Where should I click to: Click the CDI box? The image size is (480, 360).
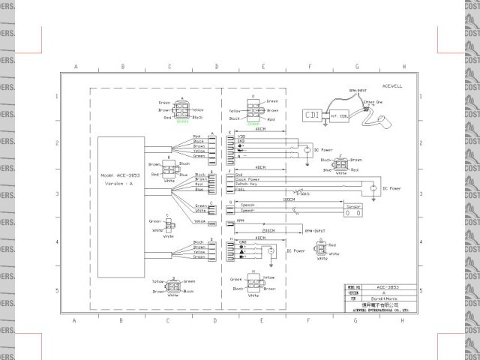pos(313,115)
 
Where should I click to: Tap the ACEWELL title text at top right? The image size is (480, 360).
pos(392,85)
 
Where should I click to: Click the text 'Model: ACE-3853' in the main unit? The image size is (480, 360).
pos(122,175)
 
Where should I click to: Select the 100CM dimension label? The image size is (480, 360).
pos(288,199)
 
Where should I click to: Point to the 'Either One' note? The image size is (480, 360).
pos(373,102)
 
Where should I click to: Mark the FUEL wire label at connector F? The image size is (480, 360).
pos(241,190)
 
